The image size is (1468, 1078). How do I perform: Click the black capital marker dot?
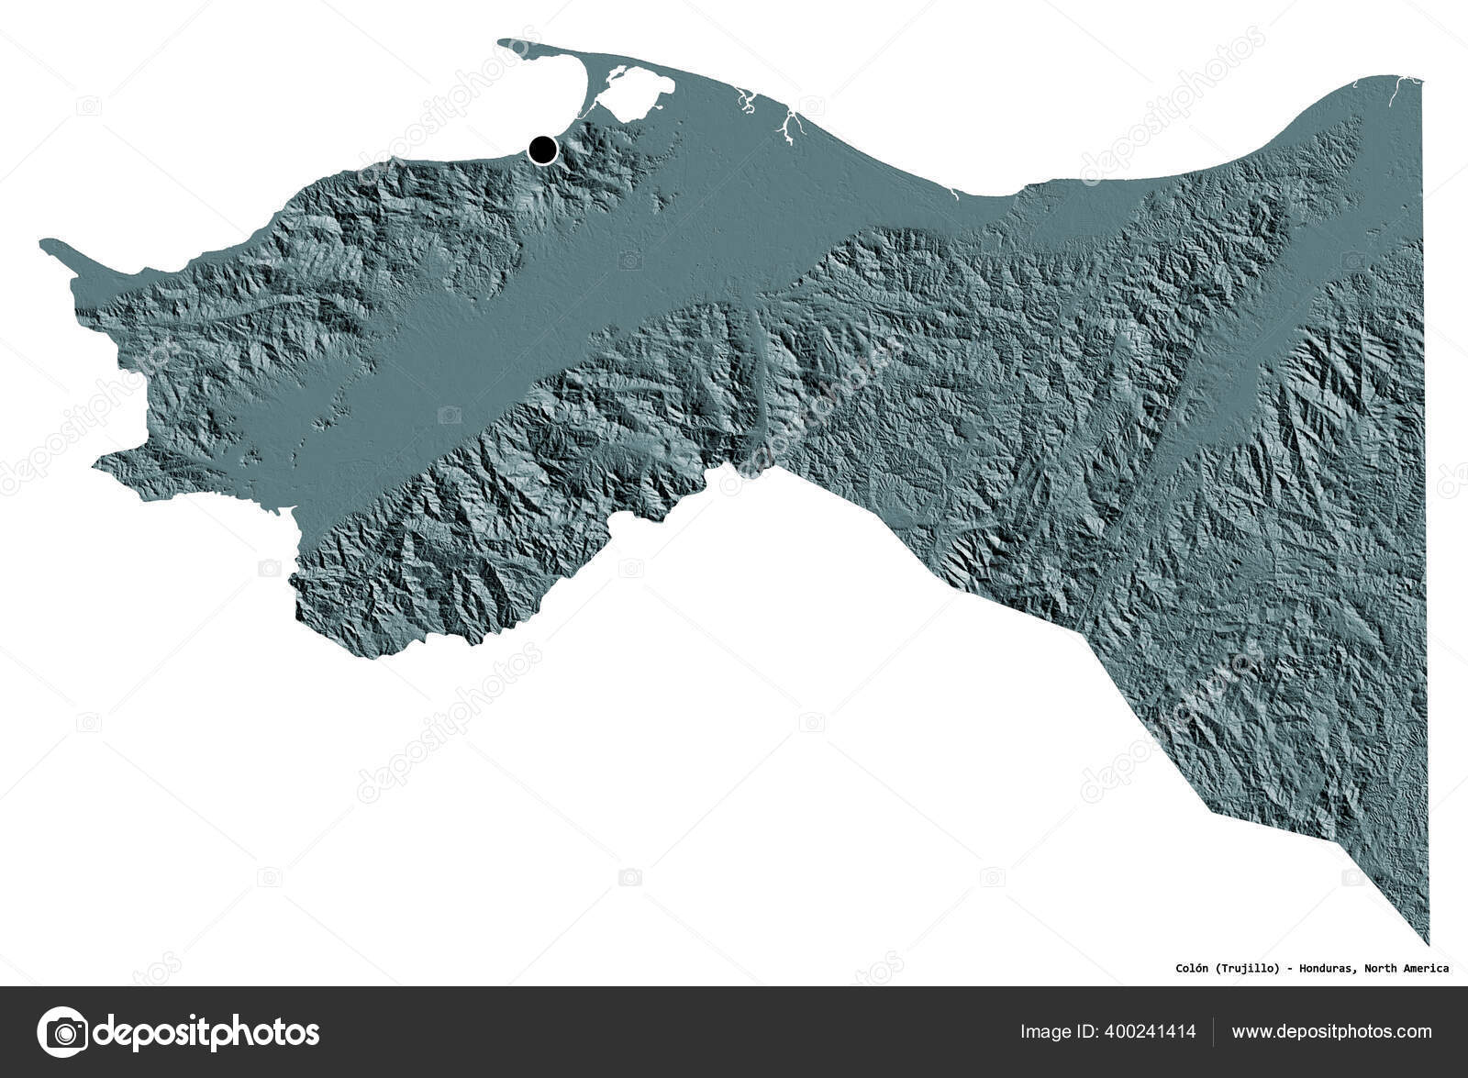pyautogui.click(x=543, y=149)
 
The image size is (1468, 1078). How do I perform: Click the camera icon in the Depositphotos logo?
pyautogui.click(x=62, y=1032)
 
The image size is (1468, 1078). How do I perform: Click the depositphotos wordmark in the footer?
pyautogui.click(x=207, y=1032)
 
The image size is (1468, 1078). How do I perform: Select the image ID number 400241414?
pyautogui.click(x=1149, y=1032)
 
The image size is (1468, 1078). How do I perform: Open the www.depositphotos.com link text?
pyautogui.click(x=1331, y=1032)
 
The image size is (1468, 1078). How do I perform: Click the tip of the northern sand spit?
pyautogui.click(x=501, y=41)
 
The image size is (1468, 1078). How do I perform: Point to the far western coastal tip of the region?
pyautogui.click(x=43, y=243)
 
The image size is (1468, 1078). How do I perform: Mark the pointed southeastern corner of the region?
pyautogui.click(x=1428, y=940)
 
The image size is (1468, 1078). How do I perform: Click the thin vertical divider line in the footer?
pyautogui.click(x=1214, y=1032)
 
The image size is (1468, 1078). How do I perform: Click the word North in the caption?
pyautogui.click(x=1382, y=968)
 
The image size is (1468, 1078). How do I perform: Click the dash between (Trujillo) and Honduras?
pyautogui.click(x=1289, y=968)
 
